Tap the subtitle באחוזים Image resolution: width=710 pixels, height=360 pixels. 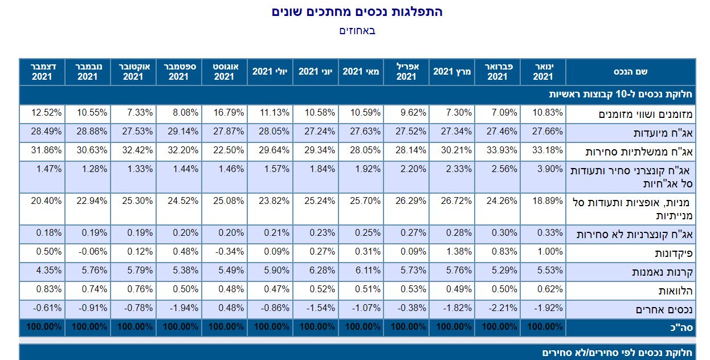357,31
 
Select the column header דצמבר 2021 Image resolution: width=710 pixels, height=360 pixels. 42,72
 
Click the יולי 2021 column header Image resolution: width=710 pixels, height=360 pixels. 270,72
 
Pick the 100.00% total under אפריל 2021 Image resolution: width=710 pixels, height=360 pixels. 407,328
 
